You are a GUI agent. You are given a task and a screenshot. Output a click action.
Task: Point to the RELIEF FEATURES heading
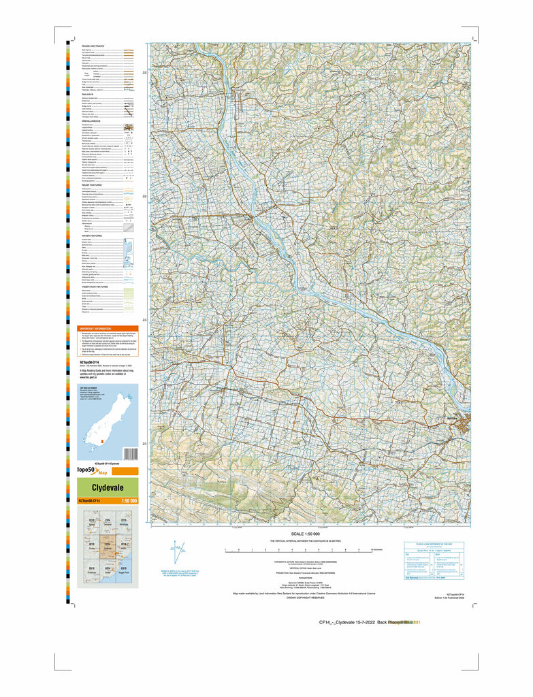(x=92, y=184)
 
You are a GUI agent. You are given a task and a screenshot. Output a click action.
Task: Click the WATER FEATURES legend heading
(x=92, y=236)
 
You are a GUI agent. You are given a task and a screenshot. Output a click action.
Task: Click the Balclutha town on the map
(x=465, y=426)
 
